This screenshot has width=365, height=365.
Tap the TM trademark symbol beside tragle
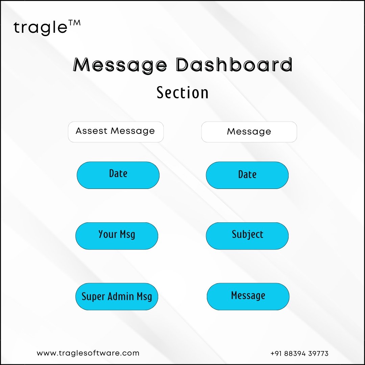point(74,23)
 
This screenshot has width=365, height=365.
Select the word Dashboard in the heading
point(234,64)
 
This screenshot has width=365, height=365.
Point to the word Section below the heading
point(182,93)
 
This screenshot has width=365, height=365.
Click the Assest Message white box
point(116,132)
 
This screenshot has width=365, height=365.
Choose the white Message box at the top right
point(249,132)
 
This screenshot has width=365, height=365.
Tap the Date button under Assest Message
point(118,175)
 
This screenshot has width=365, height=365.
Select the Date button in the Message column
point(247,175)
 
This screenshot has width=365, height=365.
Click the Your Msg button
point(117,236)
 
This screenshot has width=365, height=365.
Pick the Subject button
point(247,236)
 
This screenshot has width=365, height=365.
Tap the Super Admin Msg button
point(117,297)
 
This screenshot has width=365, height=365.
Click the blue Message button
point(248,297)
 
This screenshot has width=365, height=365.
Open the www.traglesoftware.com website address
point(88,353)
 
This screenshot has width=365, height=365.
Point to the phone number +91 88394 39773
point(299,354)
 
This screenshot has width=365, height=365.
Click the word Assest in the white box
point(92,131)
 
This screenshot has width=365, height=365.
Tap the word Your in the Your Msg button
point(107,234)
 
